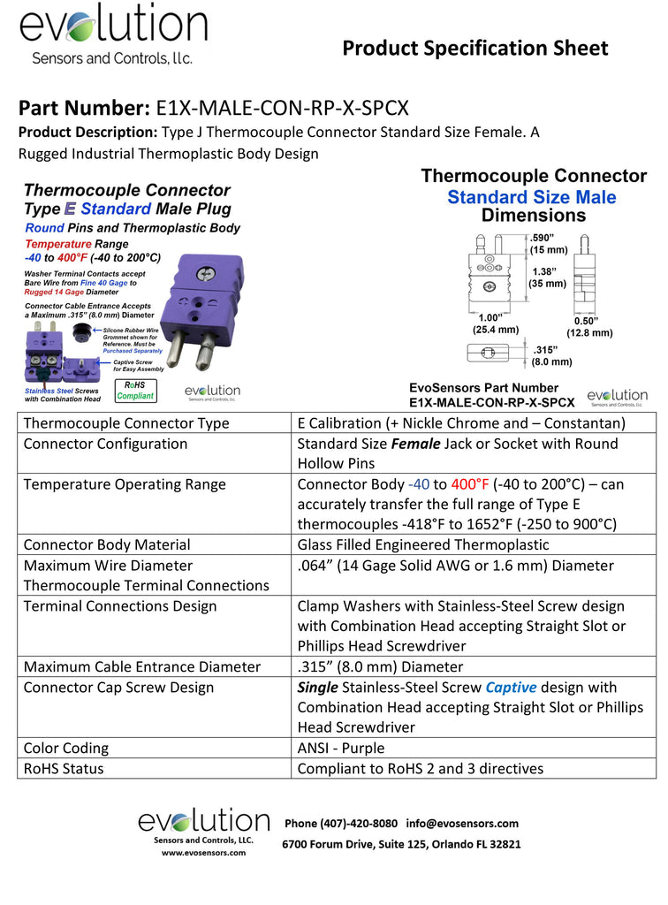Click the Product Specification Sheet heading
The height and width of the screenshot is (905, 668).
[474, 48]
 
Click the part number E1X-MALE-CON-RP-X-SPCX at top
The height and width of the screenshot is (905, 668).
[282, 109]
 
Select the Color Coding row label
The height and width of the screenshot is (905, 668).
[66, 748]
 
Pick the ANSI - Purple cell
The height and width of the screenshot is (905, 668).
[341, 748]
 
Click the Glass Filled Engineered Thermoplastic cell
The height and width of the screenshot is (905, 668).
[423, 544]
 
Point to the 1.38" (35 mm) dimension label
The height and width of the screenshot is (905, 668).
[548, 277]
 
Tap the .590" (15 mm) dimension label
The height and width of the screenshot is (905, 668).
[548, 243]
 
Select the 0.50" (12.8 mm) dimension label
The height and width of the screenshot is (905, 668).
[588, 326]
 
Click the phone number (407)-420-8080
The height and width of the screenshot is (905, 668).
[341, 823]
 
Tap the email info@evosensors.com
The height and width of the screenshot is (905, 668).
[463, 823]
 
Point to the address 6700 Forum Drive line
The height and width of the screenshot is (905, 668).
[401, 844]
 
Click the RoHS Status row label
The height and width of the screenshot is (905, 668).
[64, 768]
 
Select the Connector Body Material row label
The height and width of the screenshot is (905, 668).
[107, 544]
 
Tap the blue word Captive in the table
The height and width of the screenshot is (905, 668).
[511, 687]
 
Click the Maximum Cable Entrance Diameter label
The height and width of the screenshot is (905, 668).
[142, 666]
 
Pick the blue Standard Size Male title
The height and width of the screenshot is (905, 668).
[532, 196]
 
